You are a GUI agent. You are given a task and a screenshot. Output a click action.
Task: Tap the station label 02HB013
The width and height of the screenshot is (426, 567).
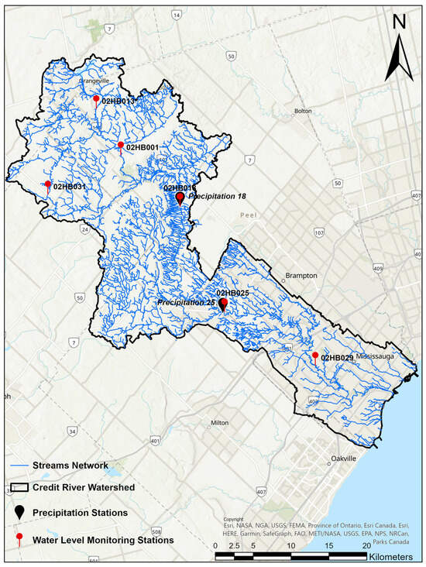[119, 101]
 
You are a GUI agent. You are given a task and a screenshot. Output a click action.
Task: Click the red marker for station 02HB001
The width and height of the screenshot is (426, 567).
[120, 145]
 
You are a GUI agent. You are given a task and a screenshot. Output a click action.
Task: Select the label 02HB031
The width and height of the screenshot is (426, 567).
[70, 187]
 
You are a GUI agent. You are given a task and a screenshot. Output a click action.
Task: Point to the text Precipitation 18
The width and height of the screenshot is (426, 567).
[217, 197]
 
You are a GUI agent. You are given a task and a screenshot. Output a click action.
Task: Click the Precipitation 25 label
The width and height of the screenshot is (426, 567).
[186, 302]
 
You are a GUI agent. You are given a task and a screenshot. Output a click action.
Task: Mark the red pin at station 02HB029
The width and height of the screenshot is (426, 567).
[314, 356]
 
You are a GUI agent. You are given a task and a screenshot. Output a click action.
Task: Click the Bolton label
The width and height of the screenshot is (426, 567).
[303, 111]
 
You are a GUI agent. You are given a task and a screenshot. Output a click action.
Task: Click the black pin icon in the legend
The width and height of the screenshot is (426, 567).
[20, 513]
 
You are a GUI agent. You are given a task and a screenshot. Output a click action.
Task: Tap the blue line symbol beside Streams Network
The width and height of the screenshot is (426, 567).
[19, 466]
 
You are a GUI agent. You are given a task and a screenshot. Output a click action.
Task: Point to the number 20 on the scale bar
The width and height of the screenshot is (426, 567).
[367, 545]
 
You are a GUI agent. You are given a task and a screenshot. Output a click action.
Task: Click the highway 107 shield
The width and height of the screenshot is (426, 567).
[319, 232]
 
